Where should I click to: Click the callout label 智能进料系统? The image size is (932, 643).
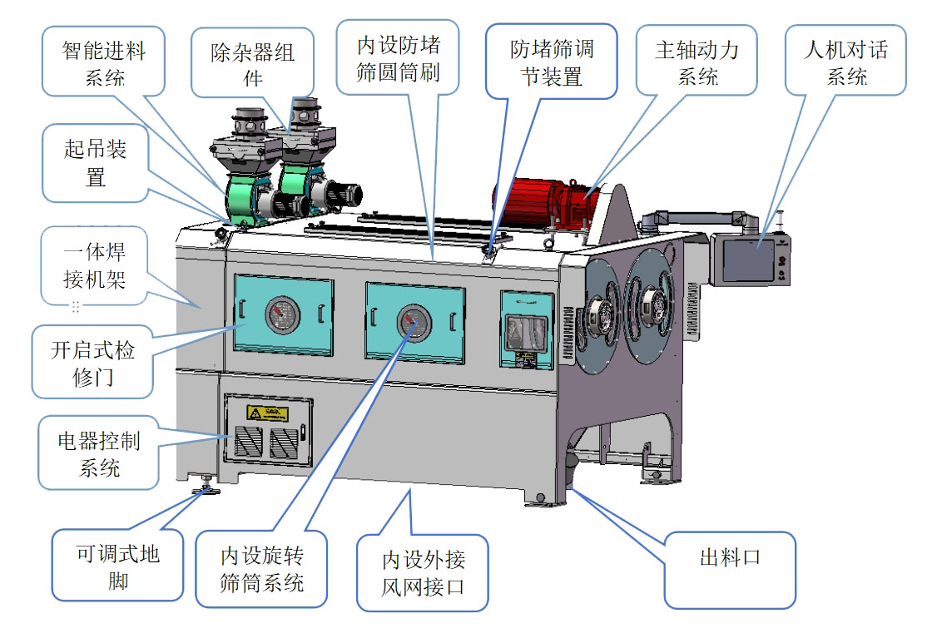click(x=103, y=64)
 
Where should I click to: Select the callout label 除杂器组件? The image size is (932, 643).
click(x=252, y=65)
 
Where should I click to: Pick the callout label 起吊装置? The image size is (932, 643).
click(x=95, y=163)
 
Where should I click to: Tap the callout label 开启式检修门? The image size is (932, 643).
click(x=91, y=363)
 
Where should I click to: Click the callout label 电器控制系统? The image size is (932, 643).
click(x=99, y=453)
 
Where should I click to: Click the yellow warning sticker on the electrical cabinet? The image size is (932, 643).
click(x=266, y=413)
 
